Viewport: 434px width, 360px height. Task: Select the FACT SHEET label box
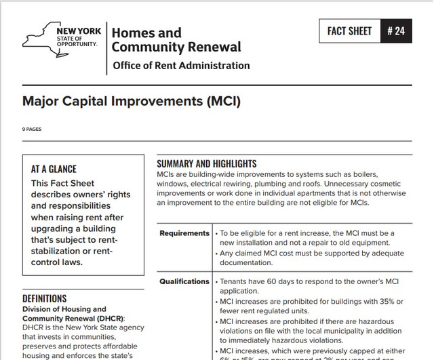point(349,31)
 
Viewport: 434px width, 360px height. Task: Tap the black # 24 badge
point(396,31)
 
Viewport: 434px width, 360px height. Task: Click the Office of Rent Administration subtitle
point(180,66)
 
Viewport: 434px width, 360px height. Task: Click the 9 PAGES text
point(32,129)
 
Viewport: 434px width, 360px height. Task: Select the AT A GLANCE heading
point(54,169)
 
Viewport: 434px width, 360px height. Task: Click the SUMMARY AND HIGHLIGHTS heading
point(207,163)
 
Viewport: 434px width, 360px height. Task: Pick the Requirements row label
point(184,233)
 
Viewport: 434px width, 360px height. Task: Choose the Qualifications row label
point(184,281)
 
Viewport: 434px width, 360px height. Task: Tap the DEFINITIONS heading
point(45,298)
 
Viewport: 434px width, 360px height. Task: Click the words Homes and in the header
point(146,33)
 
